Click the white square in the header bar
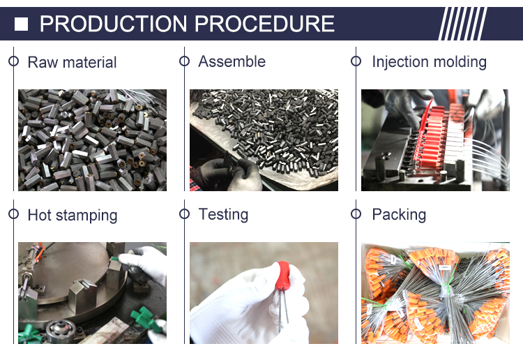(x=21, y=24)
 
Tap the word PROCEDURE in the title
(x=264, y=24)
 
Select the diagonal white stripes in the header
(x=462, y=24)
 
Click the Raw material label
(x=72, y=62)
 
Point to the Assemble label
(x=232, y=61)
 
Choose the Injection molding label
(x=430, y=62)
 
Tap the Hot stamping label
(x=73, y=216)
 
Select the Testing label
(x=223, y=214)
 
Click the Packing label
(x=399, y=214)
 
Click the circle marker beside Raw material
(x=14, y=61)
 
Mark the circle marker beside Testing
(x=185, y=214)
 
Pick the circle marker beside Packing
(x=356, y=214)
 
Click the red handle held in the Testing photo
(x=283, y=276)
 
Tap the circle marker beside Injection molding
(x=356, y=61)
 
